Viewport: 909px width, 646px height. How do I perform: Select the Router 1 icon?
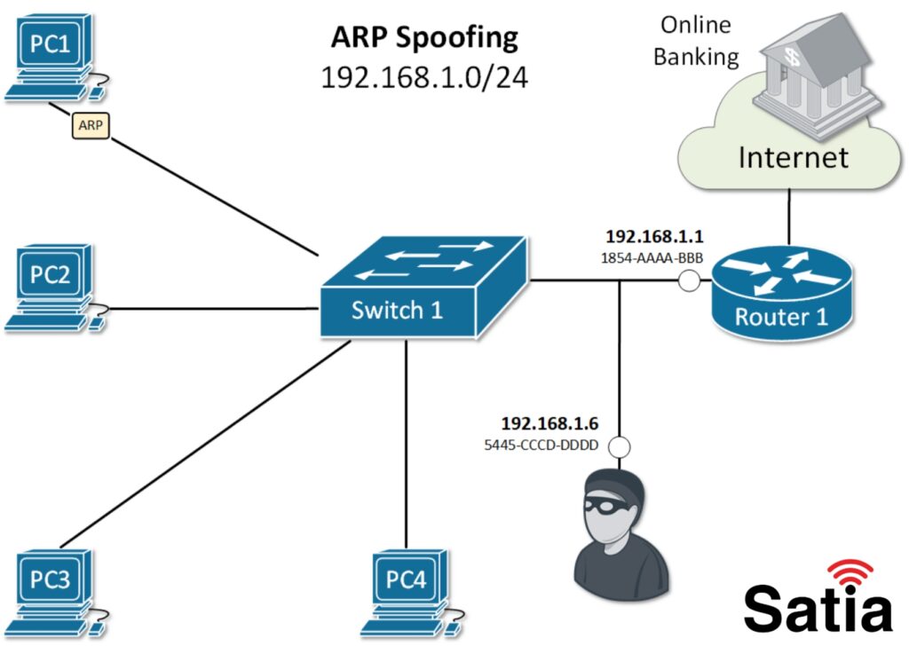pos(781,288)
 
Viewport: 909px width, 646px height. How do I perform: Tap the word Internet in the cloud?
pos(793,157)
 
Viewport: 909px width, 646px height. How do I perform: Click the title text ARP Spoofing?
pos(423,37)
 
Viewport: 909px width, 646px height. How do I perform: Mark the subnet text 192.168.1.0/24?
pos(423,77)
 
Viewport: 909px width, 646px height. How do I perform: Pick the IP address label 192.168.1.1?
pos(653,237)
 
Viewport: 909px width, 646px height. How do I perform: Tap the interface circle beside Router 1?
pos(689,282)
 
